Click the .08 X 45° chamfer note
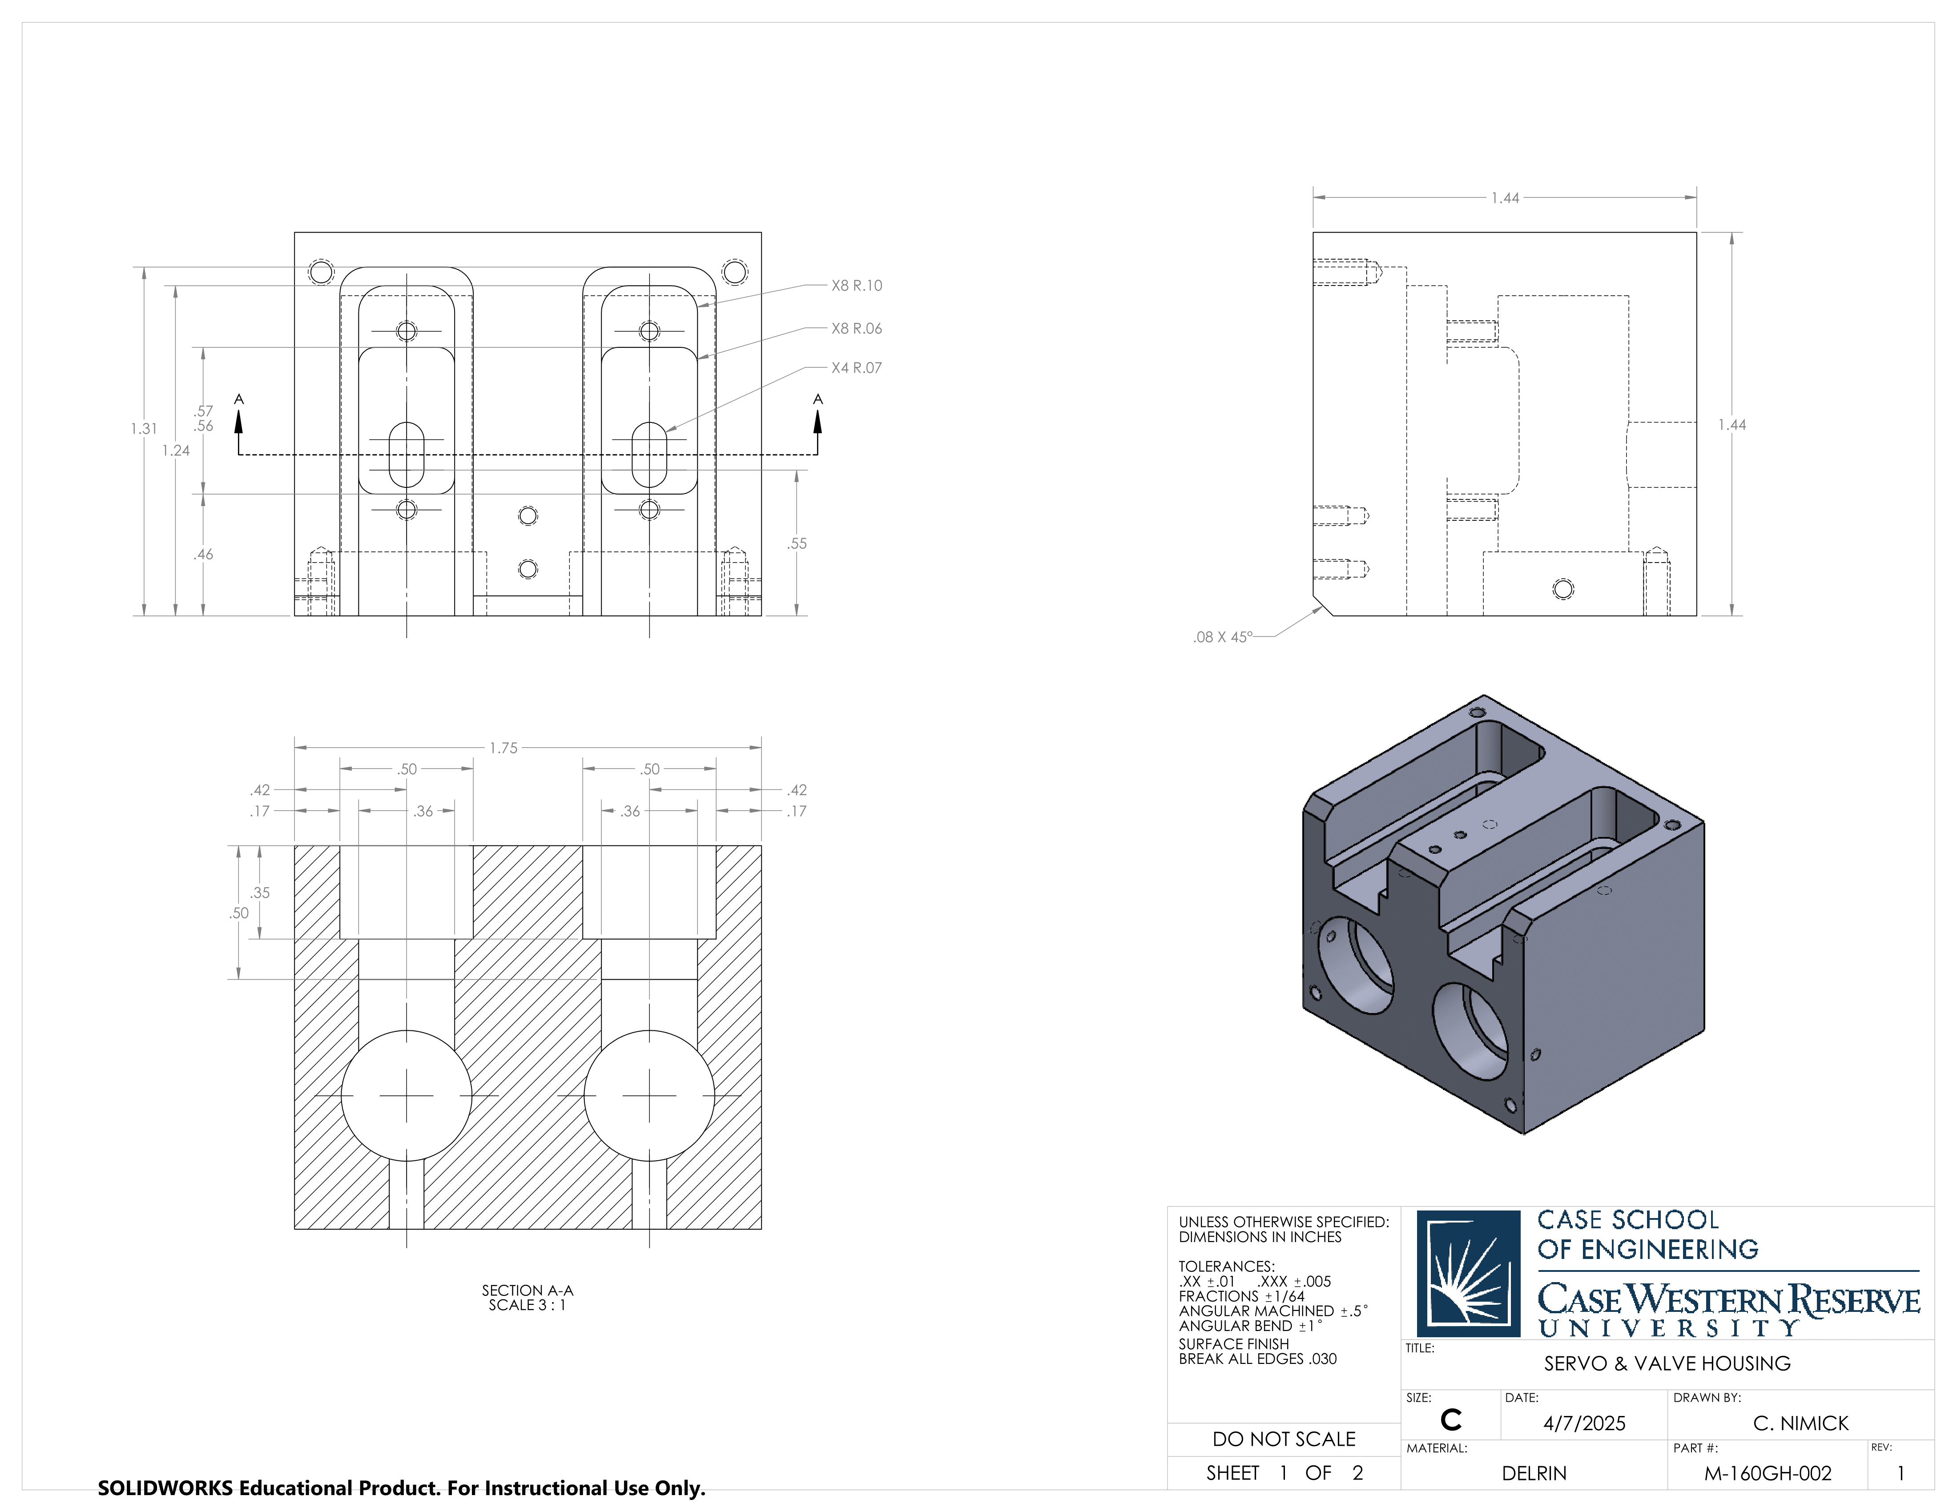[x=1222, y=637]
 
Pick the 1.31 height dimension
[x=143, y=429]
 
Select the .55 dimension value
[x=797, y=544]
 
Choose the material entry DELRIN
[x=1534, y=1473]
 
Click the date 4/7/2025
[x=1584, y=1424]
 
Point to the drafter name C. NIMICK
[x=1800, y=1424]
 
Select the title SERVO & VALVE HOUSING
[x=1667, y=1363]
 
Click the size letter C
[x=1451, y=1420]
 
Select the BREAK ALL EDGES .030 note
[x=1257, y=1359]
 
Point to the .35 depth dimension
[x=260, y=893]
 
